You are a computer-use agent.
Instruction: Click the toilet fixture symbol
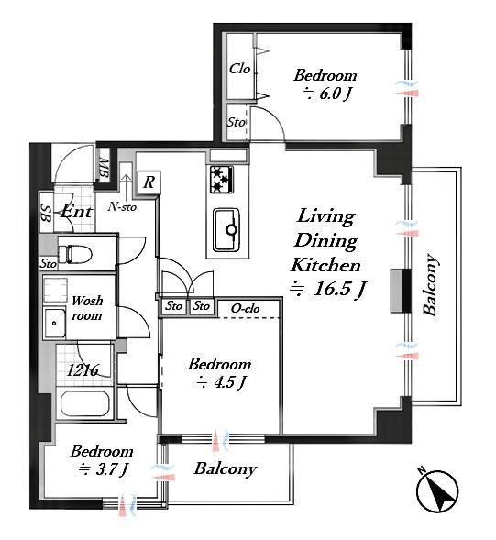click(x=75, y=254)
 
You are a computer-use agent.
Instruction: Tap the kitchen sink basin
click(x=226, y=230)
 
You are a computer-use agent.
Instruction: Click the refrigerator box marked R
click(x=149, y=182)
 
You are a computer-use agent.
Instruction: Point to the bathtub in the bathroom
click(x=85, y=403)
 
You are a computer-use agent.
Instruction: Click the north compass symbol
click(x=437, y=491)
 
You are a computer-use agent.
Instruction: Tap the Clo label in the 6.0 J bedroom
click(x=239, y=69)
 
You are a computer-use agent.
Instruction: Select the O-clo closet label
click(x=245, y=309)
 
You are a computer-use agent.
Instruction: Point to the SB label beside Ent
click(x=46, y=214)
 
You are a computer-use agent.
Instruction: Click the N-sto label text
click(x=122, y=206)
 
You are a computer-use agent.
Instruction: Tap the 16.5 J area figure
click(x=328, y=289)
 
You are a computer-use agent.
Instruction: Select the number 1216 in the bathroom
click(x=83, y=370)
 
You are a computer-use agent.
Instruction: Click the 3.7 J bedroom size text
click(x=104, y=469)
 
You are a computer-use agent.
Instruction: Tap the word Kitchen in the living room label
click(x=325, y=265)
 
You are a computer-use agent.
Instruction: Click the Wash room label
click(x=87, y=308)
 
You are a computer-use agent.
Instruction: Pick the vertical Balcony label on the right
click(x=431, y=285)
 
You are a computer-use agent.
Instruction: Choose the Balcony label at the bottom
click(x=226, y=468)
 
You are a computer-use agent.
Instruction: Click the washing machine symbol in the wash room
click(x=55, y=291)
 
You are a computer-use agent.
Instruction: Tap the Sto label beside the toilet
click(x=48, y=264)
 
